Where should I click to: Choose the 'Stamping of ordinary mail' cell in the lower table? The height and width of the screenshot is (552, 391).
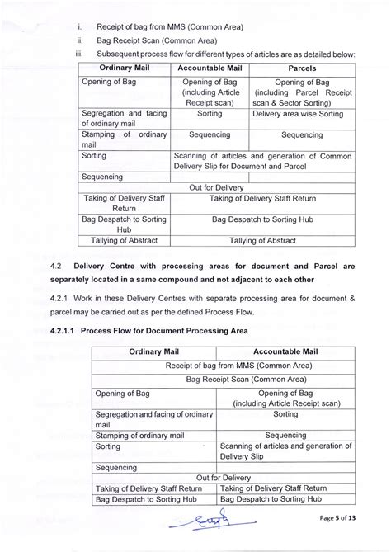coord(153,433)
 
